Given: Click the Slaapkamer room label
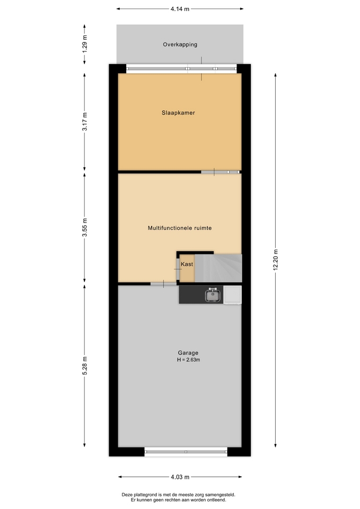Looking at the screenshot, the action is pos(178,113).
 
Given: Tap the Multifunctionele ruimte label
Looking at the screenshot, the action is pos(180,228).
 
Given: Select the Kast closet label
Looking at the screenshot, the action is pos(187,264).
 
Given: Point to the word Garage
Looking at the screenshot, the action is pos(188,353).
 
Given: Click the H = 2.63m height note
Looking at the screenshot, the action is pos(188,359).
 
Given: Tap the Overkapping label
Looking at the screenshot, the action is pos(180,45).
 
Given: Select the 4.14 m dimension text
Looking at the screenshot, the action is pos(180,9).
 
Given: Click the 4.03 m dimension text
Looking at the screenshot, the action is pos(180,477).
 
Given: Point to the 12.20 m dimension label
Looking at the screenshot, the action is pos(276,260).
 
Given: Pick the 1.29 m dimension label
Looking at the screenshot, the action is pos(85,44).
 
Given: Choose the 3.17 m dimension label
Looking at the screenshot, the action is pos(85,122).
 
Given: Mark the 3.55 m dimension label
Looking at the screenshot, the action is pos(85,228).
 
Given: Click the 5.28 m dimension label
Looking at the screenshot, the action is pos(85,366).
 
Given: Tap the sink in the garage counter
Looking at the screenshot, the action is pos(213,295).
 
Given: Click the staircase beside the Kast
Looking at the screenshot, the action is pos(218,268).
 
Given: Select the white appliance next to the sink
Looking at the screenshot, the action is pos(232,295).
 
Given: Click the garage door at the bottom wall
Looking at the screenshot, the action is pos(186,452).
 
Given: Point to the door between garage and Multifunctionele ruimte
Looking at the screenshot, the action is pos(163,284).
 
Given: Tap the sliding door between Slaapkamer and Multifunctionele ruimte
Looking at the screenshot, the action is pos(221,172).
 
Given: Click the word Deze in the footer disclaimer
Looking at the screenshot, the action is pos(127,495).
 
